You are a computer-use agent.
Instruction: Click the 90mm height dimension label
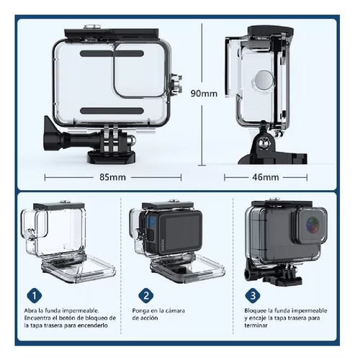pos(204,94)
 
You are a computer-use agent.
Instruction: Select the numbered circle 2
pos(145,295)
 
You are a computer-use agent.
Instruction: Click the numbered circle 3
pos(253,295)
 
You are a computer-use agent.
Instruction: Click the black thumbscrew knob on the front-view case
pos(55,135)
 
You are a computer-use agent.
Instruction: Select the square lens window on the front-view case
pos(140,68)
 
